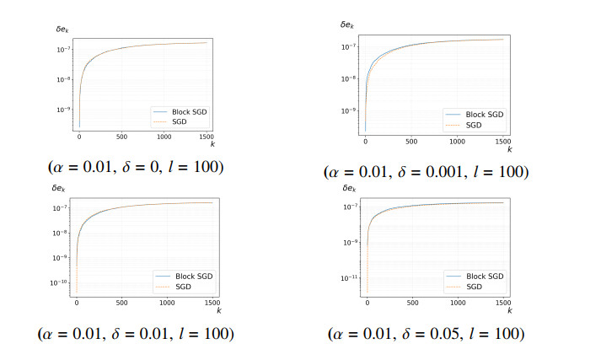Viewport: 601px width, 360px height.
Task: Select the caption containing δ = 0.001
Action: pyautogui.click(x=426, y=172)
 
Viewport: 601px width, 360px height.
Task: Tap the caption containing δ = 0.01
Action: pyautogui.click(x=136, y=334)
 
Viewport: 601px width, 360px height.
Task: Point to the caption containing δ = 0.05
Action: pyautogui.click(x=426, y=334)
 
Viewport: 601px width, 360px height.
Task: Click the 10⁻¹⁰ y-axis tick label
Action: pyautogui.click(x=58, y=283)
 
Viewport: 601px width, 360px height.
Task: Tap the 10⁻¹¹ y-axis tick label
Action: pyautogui.click(x=349, y=278)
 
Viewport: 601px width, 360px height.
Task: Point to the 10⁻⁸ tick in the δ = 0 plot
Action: pyautogui.click(x=63, y=80)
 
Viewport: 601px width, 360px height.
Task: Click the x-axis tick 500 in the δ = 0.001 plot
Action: pyautogui.click(x=411, y=142)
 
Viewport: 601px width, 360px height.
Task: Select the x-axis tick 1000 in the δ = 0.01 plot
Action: pyautogui.click(x=167, y=303)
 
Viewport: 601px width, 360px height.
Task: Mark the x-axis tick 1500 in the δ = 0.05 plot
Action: pyautogui.click(x=503, y=303)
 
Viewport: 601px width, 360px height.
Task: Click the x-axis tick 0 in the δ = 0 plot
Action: pyautogui.click(x=79, y=137)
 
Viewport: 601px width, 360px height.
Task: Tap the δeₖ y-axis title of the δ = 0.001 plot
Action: pyautogui.click(x=347, y=25)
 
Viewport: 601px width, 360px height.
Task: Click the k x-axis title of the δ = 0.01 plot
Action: pyautogui.click(x=219, y=310)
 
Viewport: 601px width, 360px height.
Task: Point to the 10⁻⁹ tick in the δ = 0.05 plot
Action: pyautogui.click(x=351, y=242)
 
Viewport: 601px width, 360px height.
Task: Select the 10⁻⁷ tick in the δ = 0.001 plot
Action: pyautogui.click(x=348, y=46)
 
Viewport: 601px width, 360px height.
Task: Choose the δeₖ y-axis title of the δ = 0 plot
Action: pyautogui.click(x=62, y=30)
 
